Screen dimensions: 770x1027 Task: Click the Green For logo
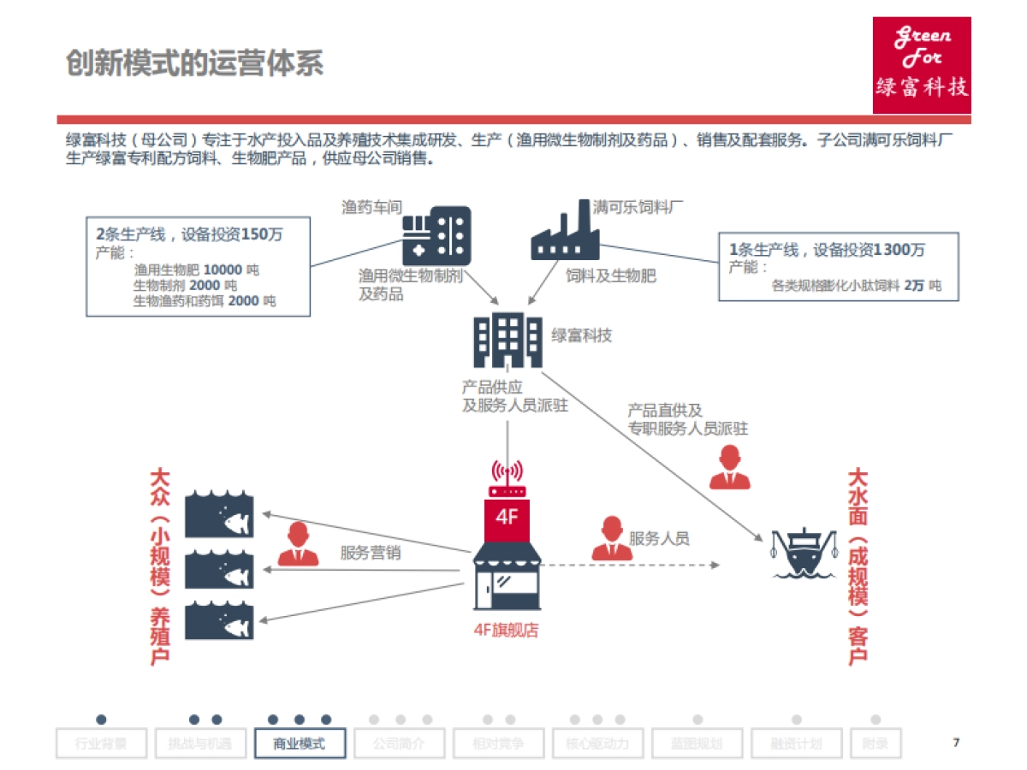coord(922,65)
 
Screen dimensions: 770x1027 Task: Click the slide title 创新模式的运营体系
coord(195,63)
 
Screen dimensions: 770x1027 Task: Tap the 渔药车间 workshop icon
coord(436,235)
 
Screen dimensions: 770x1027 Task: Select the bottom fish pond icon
coord(220,619)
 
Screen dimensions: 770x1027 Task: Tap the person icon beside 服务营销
coord(298,544)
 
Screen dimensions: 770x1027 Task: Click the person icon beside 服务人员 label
coord(612,539)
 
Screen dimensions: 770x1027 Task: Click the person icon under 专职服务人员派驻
coord(730,468)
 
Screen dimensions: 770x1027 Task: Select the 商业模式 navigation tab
coord(300,743)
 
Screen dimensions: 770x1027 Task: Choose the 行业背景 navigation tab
coord(101,743)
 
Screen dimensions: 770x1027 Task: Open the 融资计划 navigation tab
coord(796,743)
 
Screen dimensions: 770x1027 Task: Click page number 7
coord(956,742)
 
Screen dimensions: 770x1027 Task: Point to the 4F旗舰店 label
coord(507,631)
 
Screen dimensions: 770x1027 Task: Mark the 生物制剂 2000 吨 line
coord(185,285)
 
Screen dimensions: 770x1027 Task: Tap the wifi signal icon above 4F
coord(507,473)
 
